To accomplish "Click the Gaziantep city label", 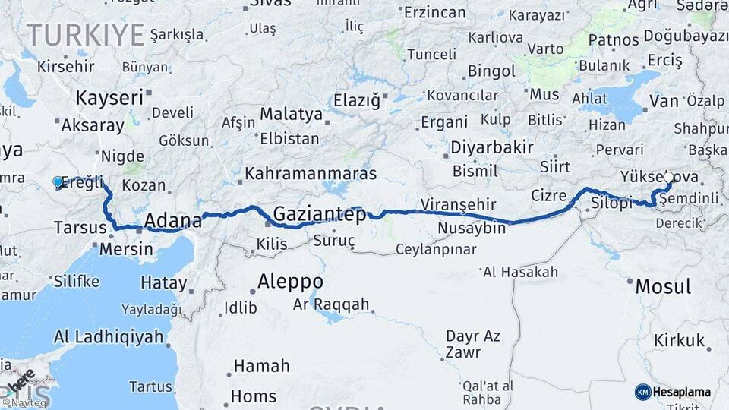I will pos(319,213).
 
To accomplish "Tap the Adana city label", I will pos(173,221).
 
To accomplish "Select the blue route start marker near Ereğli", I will pos(58,181).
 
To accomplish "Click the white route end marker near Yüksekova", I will pos(668,178).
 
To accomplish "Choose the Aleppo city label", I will pos(290,281).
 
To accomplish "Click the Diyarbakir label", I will pos(492,147).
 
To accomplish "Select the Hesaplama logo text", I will pos(682,393).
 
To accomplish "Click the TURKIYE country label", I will pos(85,34).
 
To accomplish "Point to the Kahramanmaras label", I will pos(311,173).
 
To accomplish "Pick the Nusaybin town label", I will pos(472,228).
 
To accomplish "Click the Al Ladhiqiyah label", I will pos(109,336).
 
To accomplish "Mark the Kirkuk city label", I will pos(680,341).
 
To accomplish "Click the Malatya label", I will pos(291,115).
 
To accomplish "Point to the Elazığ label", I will pos(361,100).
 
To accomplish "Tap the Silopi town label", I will pos(611,204).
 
